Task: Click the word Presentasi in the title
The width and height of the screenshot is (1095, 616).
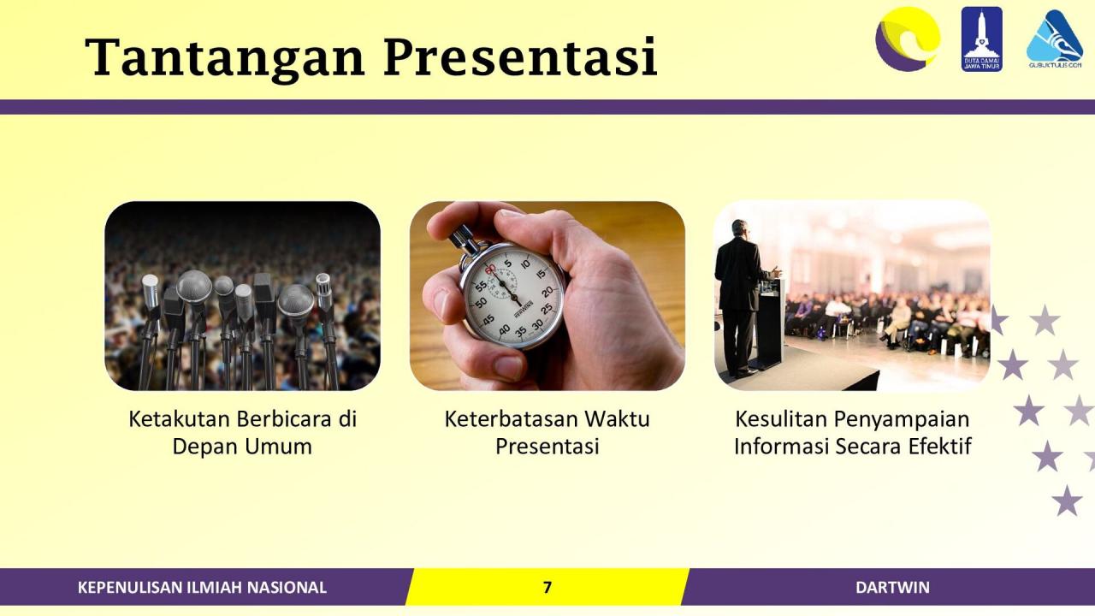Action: click(519, 57)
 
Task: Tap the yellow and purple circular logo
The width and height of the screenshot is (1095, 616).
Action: click(907, 38)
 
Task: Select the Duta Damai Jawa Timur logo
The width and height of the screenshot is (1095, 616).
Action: click(981, 38)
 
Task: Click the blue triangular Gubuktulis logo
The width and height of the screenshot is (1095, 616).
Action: click(1054, 38)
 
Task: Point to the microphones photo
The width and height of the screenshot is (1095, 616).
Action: click(242, 296)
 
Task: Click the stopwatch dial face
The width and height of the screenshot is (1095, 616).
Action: click(512, 295)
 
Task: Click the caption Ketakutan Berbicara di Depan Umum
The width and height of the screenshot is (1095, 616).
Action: click(242, 432)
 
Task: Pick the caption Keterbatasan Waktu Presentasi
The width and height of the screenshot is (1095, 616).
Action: click(547, 432)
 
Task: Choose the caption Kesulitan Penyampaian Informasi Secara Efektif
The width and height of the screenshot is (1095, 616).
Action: click(852, 432)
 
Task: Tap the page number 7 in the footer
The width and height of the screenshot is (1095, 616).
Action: click(547, 587)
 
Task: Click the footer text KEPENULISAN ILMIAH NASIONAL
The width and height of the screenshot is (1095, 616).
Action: click(202, 587)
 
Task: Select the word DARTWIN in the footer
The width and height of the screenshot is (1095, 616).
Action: click(892, 587)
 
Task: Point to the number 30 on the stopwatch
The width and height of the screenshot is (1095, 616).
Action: click(538, 324)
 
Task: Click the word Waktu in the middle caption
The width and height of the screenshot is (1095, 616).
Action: click(617, 419)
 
